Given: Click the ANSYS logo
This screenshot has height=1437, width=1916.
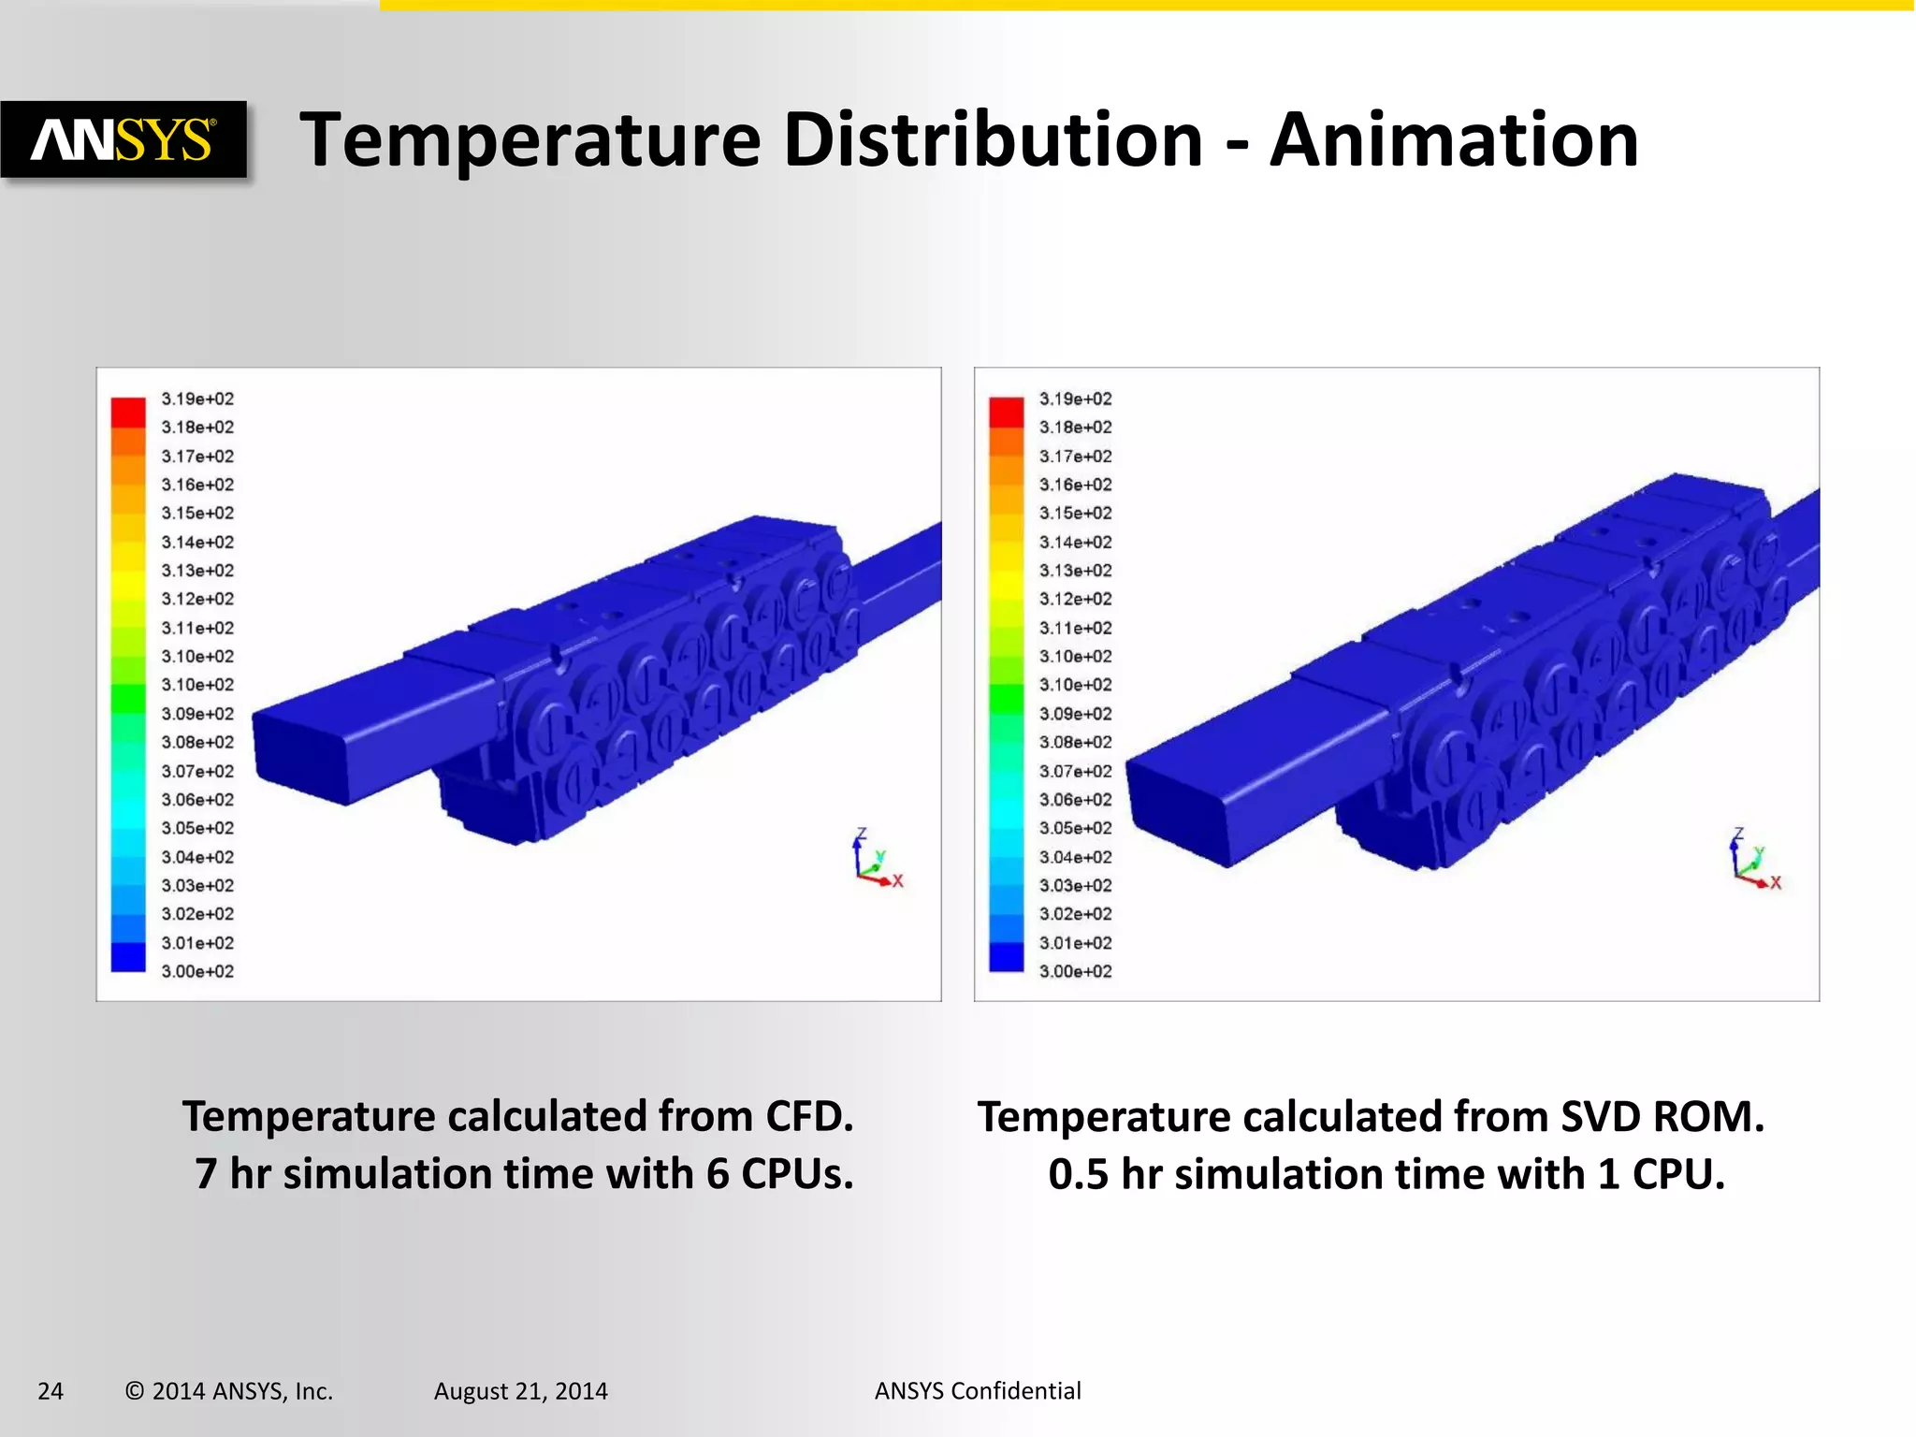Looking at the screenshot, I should point(123,140).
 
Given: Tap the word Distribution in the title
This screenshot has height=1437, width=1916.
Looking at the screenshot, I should point(993,140).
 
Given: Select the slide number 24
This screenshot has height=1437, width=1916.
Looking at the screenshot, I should point(51,1391).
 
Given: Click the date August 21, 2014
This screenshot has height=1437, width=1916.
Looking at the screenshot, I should point(520,1391).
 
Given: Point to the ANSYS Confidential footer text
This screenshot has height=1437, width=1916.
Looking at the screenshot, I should point(978,1391).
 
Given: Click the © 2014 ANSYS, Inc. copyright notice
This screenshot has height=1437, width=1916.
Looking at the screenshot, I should point(229,1391).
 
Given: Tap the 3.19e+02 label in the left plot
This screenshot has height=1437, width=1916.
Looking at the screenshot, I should point(197,399).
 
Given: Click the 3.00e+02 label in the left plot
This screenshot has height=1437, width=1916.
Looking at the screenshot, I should point(197,971).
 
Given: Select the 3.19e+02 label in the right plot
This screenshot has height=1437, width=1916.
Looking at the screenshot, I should point(1076,399).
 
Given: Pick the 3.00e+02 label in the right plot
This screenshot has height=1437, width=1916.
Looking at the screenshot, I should point(1076,971).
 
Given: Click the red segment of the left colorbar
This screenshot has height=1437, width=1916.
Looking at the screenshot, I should point(128,412).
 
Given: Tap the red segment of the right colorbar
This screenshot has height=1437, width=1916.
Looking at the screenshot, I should point(1007,412).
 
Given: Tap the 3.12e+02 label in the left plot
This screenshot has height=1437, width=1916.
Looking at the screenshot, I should point(197,599).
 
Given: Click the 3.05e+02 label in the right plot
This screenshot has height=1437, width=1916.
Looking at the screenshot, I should point(1076,828).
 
